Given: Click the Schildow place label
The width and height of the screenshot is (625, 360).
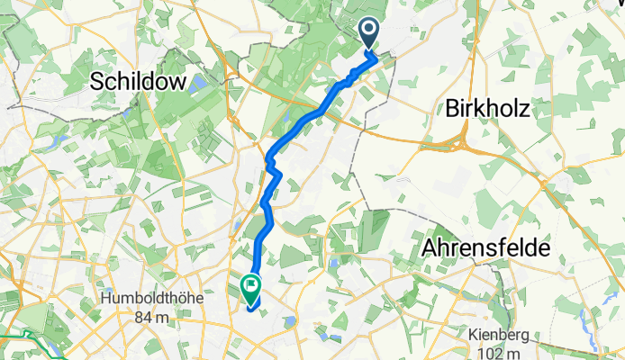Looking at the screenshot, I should pyautogui.click(x=140, y=82).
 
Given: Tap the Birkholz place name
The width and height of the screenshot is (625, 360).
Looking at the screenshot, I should pyautogui.click(x=487, y=108).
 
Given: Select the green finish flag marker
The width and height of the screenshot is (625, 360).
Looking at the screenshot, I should pyautogui.click(x=249, y=289).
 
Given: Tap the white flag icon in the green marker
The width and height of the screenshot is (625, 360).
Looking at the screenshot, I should pyautogui.click(x=249, y=287).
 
